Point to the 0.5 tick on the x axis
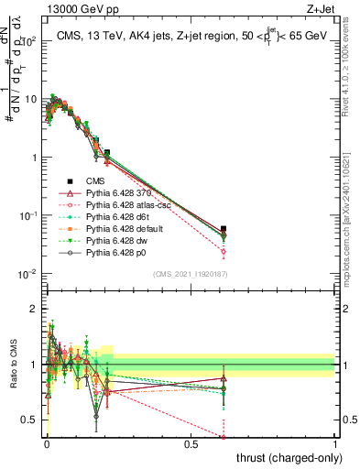tap(191, 443)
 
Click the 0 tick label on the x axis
tap(47, 443)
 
